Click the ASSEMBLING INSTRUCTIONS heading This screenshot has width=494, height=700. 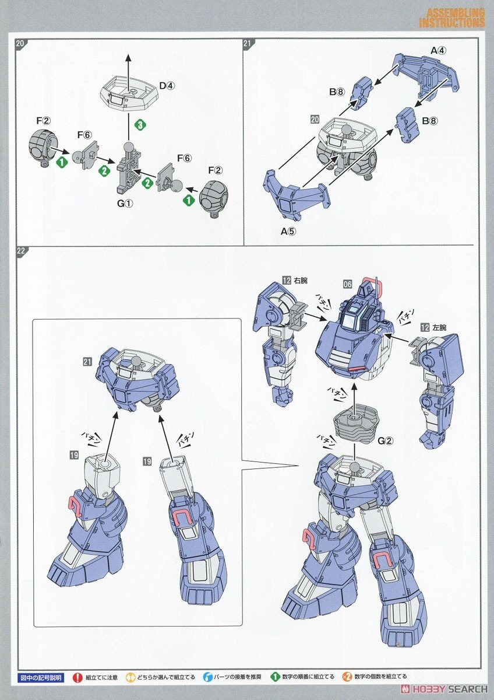pos(451,18)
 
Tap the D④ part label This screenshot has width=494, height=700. pos(167,86)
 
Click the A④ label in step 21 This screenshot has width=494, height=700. pos(437,51)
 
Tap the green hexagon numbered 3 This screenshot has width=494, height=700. pos(139,124)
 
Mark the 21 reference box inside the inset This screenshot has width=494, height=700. pos(87,362)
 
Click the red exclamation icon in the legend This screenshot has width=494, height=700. pos(77,677)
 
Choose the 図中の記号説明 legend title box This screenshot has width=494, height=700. pos(40,677)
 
